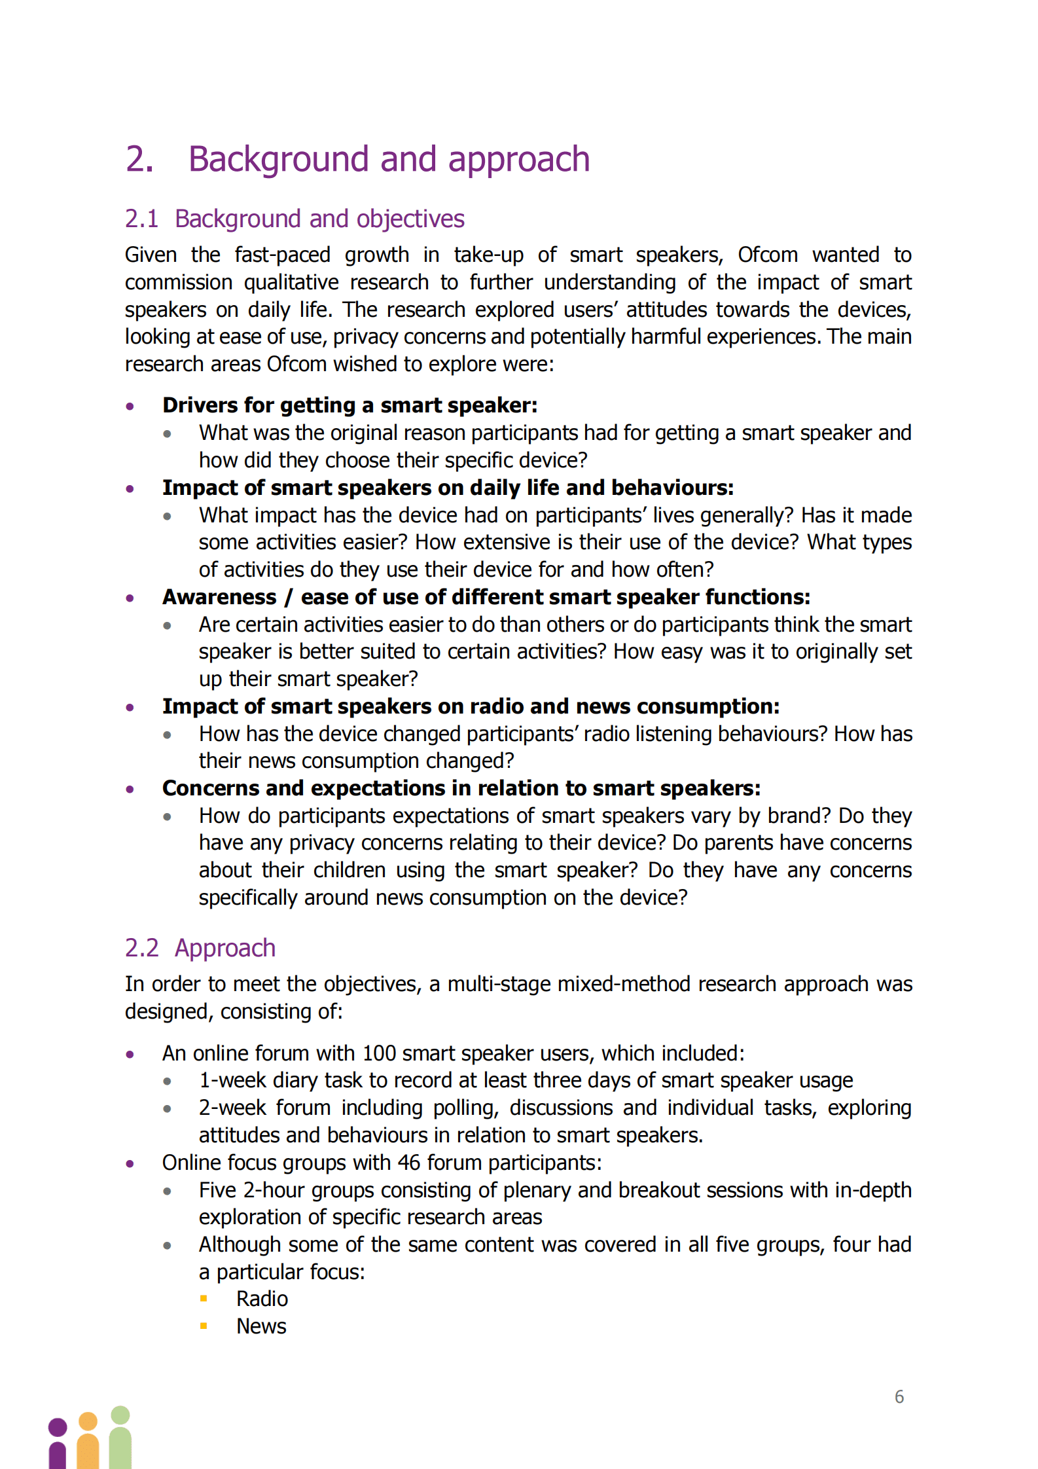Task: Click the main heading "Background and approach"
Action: (389, 159)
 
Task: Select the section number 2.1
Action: (141, 219)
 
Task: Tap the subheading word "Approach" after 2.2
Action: (224, 948)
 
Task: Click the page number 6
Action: (899, 1397)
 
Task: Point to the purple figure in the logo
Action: (58, 1443)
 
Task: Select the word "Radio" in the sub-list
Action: (262, 1299)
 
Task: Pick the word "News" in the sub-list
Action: (261, 1326)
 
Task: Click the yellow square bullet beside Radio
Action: (204, 1299)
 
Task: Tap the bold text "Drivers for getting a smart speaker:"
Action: (349, 405)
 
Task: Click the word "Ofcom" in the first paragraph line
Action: (768, 255)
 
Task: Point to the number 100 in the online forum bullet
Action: (379, 1053)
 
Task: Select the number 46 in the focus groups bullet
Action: (408, 1163)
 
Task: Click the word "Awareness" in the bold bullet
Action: (219, 597)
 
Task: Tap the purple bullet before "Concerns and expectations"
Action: (130, 789)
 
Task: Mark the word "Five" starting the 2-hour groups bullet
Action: (218, 1190)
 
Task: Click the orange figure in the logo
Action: (88, 1440)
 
